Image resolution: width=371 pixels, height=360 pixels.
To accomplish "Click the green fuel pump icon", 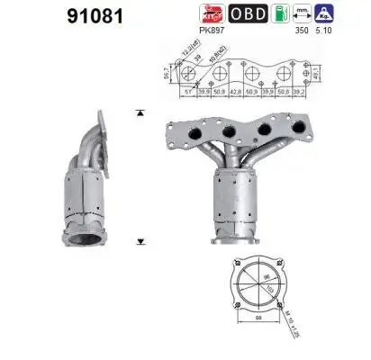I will click(x=280, y=13).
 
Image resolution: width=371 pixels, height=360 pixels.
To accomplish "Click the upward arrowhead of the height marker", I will click(x=140, y=114).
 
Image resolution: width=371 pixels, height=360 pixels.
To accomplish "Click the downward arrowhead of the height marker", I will click(x=140, y=241).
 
